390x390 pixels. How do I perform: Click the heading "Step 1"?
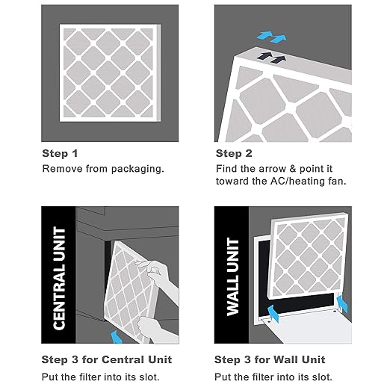[60, 153]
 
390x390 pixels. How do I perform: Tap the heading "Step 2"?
[233, 153]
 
